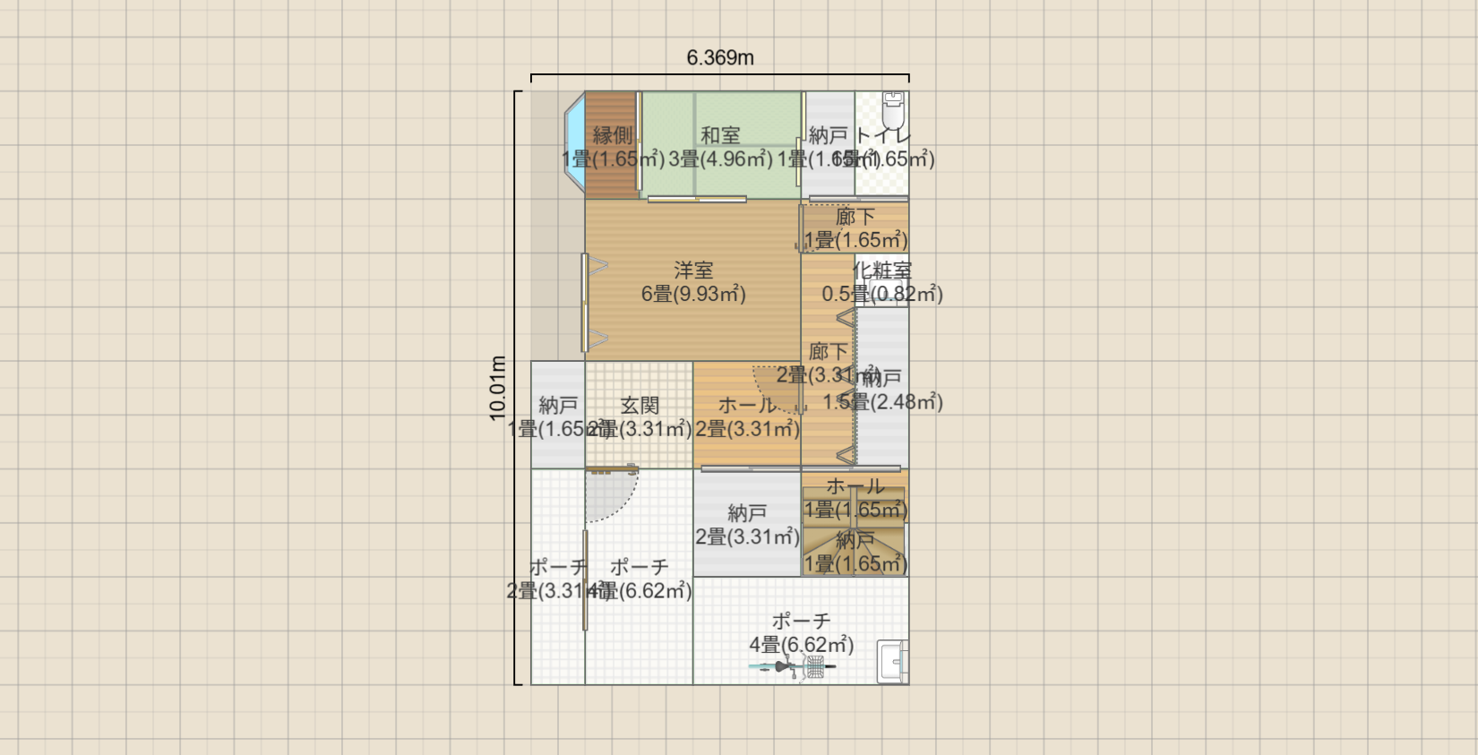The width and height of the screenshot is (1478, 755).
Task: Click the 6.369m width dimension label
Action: coord(720,58)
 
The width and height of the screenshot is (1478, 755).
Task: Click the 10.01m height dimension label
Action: coord(498,388)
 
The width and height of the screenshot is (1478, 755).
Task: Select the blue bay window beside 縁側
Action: coord(574,143)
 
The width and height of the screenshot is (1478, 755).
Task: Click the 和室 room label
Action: coord(720,135)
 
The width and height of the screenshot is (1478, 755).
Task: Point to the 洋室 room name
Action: coord(693,270)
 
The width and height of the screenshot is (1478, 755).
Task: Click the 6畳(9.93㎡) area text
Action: coord(693,294)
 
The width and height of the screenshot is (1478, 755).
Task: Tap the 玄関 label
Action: coord(640,406)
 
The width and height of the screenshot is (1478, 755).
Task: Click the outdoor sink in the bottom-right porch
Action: coord(893,662)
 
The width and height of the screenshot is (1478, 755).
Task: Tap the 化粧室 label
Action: coord(882,270)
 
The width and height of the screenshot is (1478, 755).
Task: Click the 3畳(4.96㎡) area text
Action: coord(720,159)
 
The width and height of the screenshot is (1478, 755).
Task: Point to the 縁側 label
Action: coord(613,135)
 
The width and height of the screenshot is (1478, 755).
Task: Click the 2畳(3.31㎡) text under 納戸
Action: coord(747,537)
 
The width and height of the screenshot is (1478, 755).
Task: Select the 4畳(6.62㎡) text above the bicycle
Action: coord(801,645)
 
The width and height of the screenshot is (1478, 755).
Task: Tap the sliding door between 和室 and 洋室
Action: coord(697,199)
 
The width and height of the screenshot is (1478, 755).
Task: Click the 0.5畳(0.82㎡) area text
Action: coord(882,294)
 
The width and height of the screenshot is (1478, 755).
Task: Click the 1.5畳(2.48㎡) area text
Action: coord(882,402)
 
